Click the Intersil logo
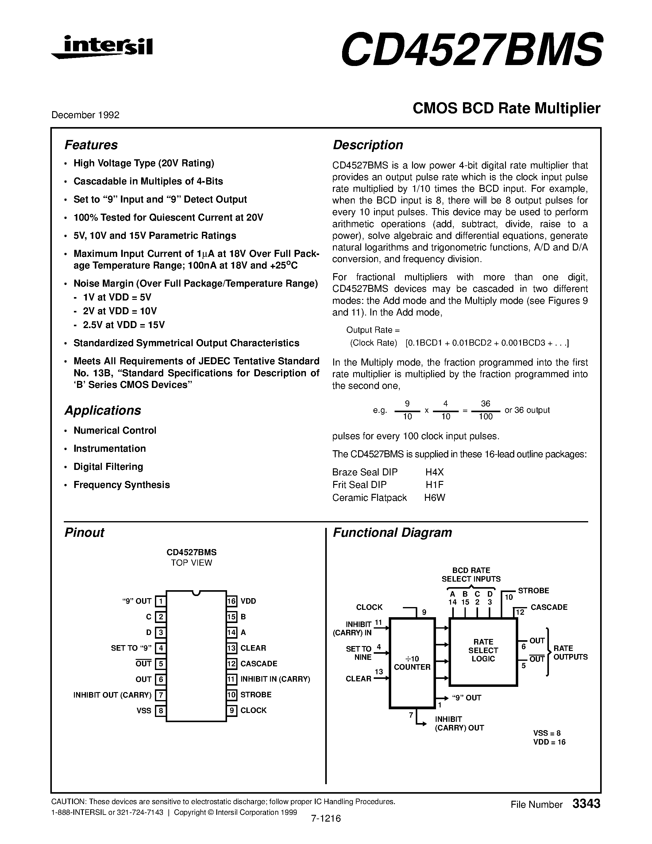click(102, 47)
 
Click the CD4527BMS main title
click(471, 49)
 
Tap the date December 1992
click(85, 115)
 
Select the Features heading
click(91, 145)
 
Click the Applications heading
click(103, 410)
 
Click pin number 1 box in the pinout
click(160, 601)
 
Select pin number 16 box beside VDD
click(232, 601)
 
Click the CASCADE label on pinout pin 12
click(259, 664)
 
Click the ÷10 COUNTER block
click(412, 662)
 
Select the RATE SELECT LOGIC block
click(483, 650)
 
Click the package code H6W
click(434, 498)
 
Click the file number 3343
click(586, 804)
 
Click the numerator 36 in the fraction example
click(485, 404)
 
